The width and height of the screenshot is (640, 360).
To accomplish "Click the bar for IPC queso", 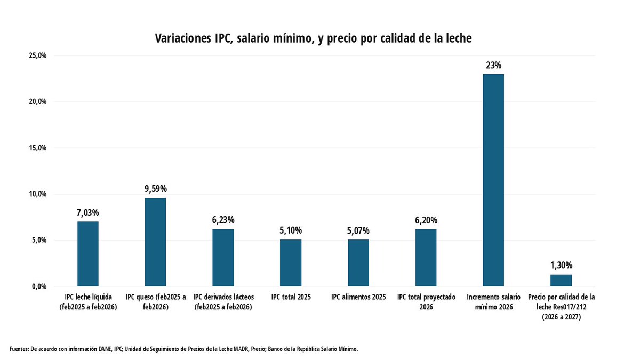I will (x=155, y=242).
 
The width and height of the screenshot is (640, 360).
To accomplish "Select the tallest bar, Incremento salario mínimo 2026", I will (x=493, y=180).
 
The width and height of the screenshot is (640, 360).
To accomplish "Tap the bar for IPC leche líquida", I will (x=88, y=254).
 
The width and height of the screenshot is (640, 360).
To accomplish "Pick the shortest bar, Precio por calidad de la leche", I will (x=561, y=280).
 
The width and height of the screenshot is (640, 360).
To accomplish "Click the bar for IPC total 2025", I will (x=291, y=263).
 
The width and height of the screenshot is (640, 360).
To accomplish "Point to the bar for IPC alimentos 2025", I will (x=358, y=263).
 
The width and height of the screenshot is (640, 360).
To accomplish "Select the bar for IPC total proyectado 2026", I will (x=426, y=258).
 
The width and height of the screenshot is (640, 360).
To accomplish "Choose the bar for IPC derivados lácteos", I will (x=223, y=258).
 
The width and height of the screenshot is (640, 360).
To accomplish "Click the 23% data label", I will (x=493, y=66).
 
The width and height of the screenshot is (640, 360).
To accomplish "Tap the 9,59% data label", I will (x=155, y=189).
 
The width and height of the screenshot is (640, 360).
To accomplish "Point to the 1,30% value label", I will (x=561, y=265).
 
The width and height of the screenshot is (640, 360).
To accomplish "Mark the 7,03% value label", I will (x=88, y=213).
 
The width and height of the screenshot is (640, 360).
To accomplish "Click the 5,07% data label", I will (x=358, y=231).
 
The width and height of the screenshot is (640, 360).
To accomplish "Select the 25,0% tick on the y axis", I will (x=38, y=55).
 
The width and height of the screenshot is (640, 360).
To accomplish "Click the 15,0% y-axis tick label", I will (x=38, y=148).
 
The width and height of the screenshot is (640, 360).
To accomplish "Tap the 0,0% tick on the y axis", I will (x=39, y=286).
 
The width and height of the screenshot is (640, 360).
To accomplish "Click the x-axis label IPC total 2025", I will (x=291, y=297).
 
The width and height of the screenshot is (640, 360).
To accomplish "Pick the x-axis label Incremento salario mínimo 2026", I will (x=493, y=302).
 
